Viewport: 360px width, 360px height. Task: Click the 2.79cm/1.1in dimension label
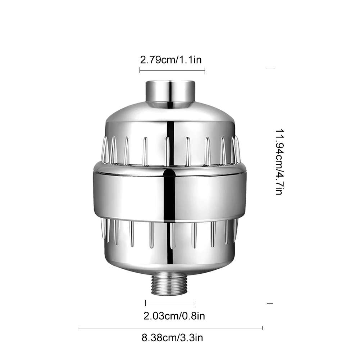[x=171, y=60]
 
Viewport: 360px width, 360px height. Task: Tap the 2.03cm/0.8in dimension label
[x=174, y=316]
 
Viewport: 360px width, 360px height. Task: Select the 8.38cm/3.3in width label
[x=172, y=338]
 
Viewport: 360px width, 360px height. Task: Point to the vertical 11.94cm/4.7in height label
[x=280, y=162]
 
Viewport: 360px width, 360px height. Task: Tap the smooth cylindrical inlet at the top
[x=170, y=94]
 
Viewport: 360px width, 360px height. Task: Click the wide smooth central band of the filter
[x=170, y=195]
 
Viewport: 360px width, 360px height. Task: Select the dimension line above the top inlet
[x=172, y=70]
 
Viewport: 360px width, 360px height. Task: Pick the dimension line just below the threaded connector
[x=170, y=303]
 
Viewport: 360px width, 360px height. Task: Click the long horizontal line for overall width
[x=170, y=328]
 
